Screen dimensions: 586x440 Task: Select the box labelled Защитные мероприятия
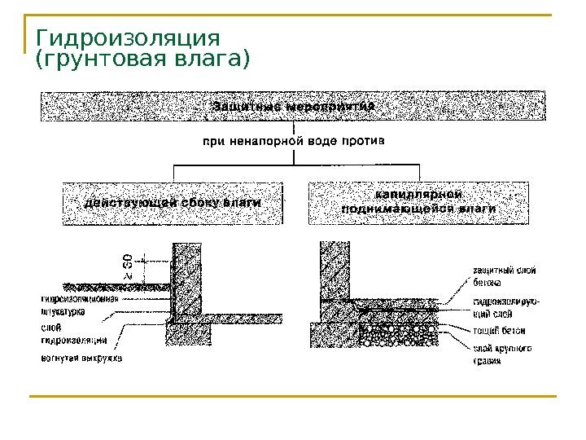point(293,106)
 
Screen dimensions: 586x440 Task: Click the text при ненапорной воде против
point(293,141)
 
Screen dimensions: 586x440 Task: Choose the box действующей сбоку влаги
point(173,202)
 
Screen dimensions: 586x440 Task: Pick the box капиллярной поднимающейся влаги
point(418,202)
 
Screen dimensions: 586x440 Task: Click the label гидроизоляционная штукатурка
point(79,304)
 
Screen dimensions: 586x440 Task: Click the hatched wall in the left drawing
point(186,277)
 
